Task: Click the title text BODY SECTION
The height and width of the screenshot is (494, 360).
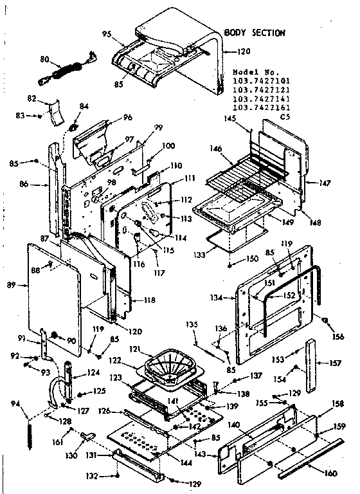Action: click(254, 32)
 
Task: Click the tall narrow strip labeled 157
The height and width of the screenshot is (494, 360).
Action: click(312, 365)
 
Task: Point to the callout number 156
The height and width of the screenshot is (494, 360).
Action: click(337, 336)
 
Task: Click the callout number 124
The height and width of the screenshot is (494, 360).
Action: click(94, 371)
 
